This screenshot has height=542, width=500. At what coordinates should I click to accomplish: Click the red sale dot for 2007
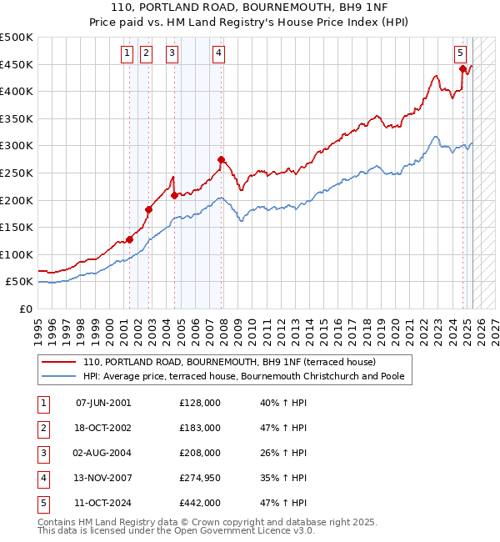[x=221, y=159]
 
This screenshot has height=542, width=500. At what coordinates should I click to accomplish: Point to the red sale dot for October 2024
[x=462, y=69]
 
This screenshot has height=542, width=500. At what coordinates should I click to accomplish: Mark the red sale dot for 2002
[x=149, y=209]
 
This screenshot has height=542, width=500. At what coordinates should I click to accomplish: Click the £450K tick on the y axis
[x=17, y=64]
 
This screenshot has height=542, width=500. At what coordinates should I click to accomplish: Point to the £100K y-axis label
[x=17, y=254]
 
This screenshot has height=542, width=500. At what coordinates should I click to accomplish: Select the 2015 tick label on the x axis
[x=312, y=324]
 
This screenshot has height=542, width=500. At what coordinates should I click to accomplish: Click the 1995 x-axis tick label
[x=38, y=324]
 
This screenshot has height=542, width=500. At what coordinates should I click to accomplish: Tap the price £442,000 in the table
[x=199, y=503]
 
